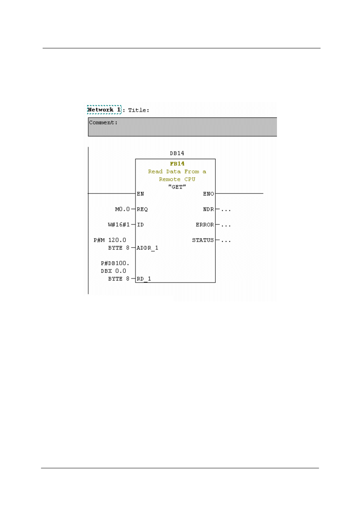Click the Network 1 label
point(104,110)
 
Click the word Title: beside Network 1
point(139,110)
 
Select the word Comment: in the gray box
point(103,123)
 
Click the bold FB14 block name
point(177,164)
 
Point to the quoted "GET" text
point(177,187)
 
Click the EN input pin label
point(140,194)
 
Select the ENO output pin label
point(208,194)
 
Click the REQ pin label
point(142,209)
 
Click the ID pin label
point(140,224)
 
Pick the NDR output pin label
point(208,209)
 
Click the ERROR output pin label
point(205,224)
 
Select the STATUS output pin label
point(203,240)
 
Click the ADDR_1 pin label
point(148,248)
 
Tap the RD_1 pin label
point(144,279)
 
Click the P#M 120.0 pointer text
point(110,240)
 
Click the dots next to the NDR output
point(225,210)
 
